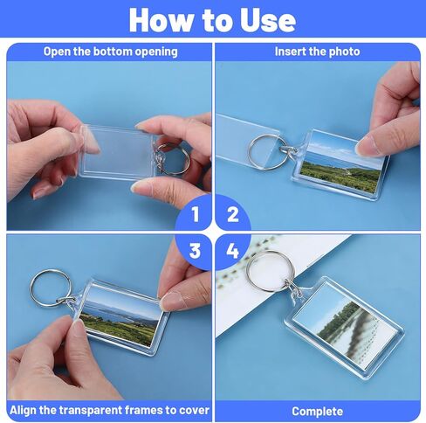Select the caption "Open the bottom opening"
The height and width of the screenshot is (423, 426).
coord(110,52)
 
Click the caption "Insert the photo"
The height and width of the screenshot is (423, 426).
coord(317,52)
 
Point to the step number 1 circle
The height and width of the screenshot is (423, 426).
coord(195,212)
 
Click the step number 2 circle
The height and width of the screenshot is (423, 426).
coord(232,212)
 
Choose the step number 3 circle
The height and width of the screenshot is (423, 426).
coord(195,251)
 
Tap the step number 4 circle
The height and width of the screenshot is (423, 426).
coord(232,251)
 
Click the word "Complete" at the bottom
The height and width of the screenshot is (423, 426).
coord(317,411)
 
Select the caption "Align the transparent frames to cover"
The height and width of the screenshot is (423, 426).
coord(109,411)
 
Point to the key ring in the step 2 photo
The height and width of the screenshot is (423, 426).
coord(266,150)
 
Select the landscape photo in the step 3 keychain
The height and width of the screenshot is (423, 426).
coord(120,316)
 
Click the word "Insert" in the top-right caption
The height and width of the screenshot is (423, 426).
coord(292,52)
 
